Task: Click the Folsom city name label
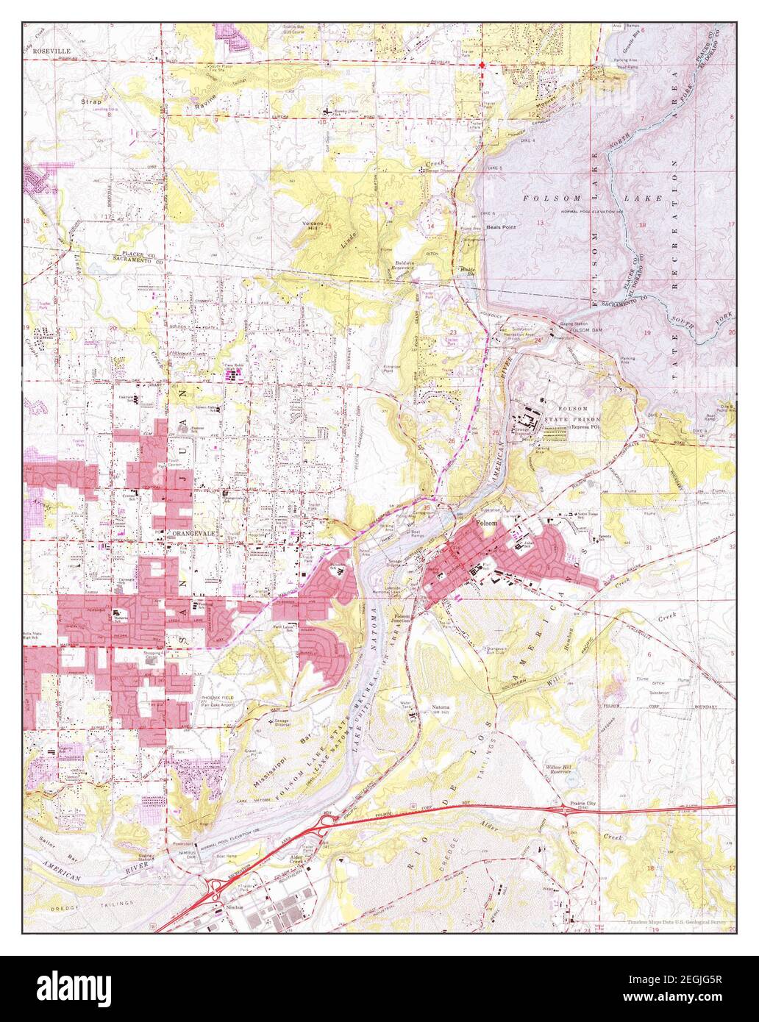487,523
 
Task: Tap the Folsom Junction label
401,620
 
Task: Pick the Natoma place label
441,707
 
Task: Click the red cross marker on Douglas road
482,65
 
